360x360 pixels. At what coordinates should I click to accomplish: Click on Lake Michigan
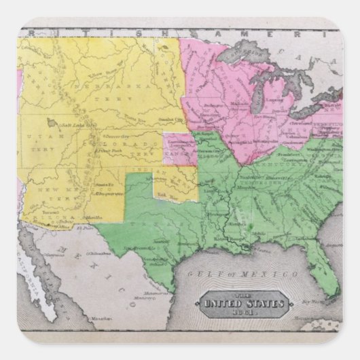click(257, 89)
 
